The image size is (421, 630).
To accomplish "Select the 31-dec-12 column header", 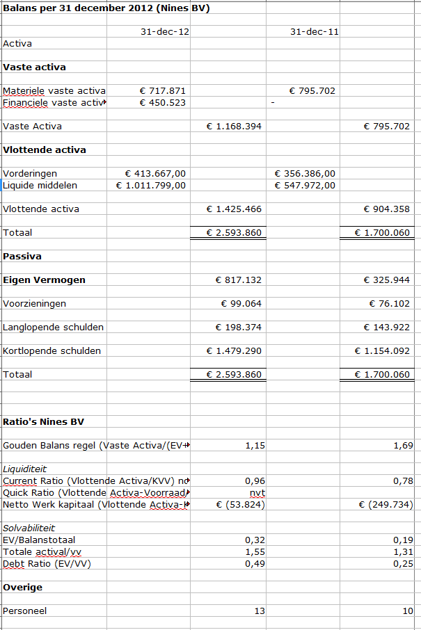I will coord(164,32).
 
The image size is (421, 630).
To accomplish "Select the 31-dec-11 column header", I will coord(315,32).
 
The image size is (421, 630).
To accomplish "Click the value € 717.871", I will coord(163,91).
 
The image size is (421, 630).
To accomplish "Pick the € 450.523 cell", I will coord(163,103).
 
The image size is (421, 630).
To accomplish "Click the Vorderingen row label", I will coord(30,174).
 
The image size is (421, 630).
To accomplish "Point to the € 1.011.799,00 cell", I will coord(151,186).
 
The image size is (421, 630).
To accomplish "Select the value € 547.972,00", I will coord(305,186).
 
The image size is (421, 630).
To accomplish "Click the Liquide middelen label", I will coord(40,186).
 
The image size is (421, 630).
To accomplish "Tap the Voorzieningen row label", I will coord(35,304).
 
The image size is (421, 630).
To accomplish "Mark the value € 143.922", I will coord(387,328).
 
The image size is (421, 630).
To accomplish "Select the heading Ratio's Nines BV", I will coord(45,422).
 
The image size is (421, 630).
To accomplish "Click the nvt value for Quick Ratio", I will coord(257,493).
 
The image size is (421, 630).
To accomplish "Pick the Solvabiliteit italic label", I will coord(29,528).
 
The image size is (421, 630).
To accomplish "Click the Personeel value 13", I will coord(259,611).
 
